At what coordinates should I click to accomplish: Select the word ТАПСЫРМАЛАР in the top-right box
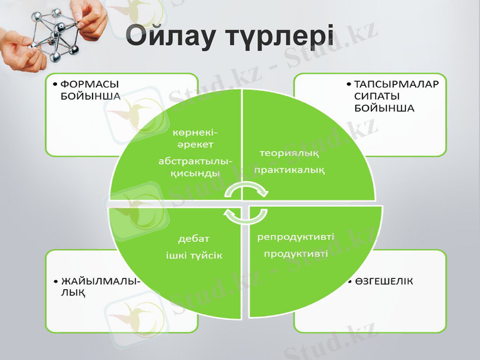coord(397,84)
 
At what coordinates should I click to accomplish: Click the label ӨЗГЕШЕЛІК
coord(384,281)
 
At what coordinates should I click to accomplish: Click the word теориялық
coord(289,154)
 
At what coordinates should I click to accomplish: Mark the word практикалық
coord(290,170)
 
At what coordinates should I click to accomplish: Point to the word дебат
coord(193,239)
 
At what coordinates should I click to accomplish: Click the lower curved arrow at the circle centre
coord(235,217)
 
